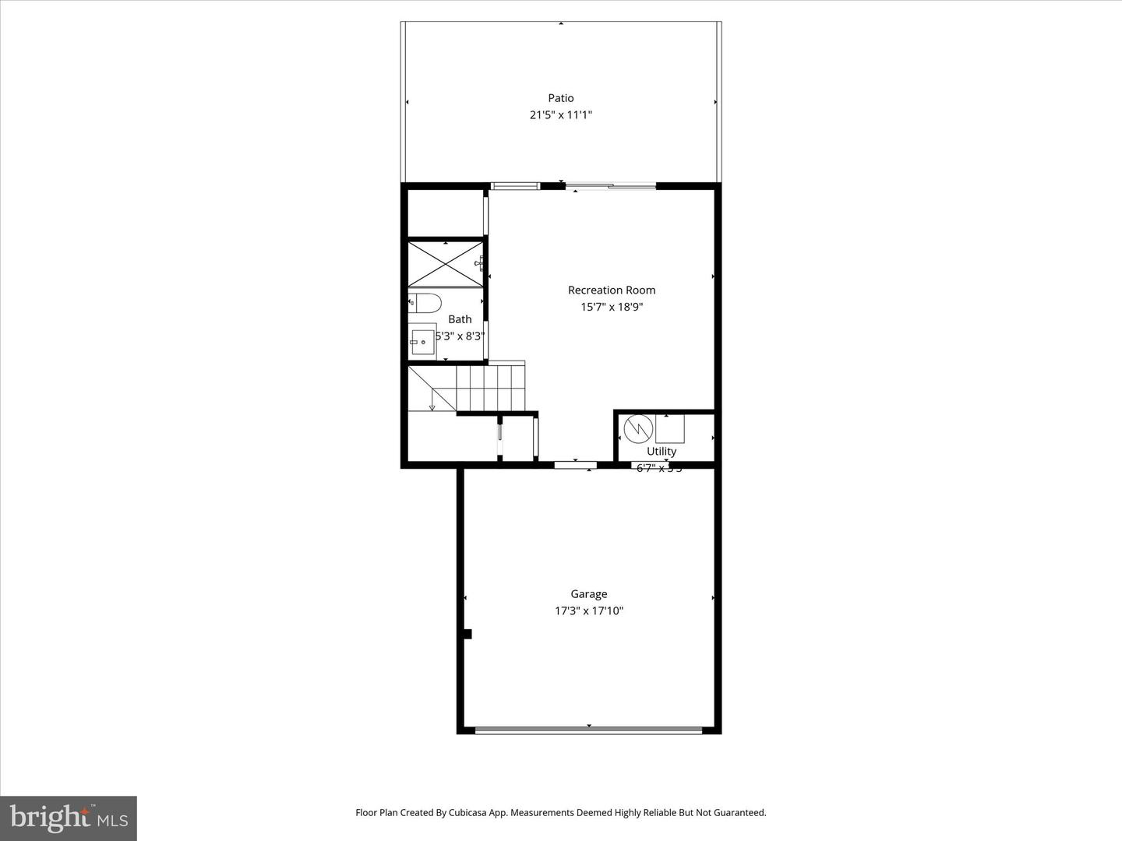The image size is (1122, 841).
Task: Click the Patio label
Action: coord(561,98)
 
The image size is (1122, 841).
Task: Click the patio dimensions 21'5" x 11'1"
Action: coord(561,115)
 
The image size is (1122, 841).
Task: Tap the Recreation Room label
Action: coord(612,290)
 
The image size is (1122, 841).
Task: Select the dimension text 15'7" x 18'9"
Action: coord(612,307)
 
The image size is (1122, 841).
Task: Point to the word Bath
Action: coord(460,319)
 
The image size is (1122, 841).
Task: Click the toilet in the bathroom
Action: coord(426,302)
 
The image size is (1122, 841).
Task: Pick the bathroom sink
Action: coord(422,340)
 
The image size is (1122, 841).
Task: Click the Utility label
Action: coord(662,452)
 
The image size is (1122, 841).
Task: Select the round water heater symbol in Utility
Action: coord(638,428)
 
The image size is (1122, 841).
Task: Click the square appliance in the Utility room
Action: coord(669,428)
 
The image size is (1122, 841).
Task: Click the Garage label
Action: coord(588,594)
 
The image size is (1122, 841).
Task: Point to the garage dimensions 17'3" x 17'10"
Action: coord(588,611)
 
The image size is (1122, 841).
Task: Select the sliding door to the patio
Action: coord(610,186)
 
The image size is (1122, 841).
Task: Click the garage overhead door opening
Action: coord(588,730)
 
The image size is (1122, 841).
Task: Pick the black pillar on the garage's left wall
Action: coord(467,634)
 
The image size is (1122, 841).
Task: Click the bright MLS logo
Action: coord(69,818)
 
